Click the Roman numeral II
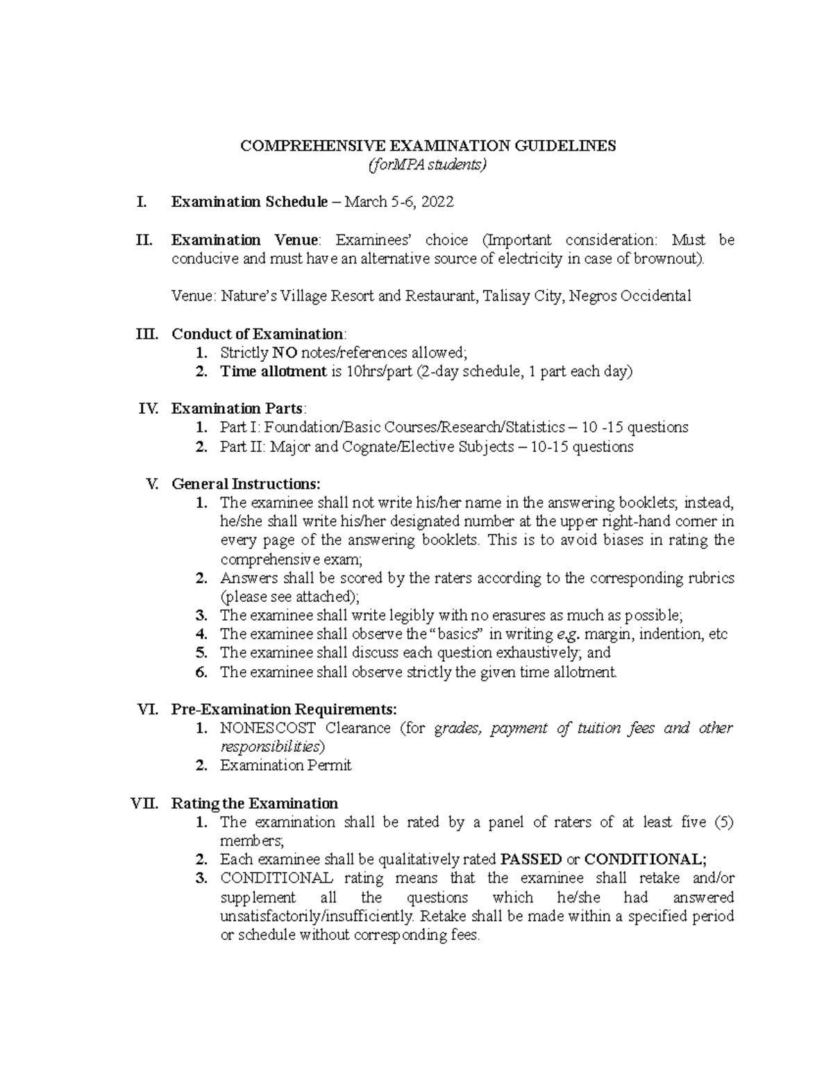coord(144,240)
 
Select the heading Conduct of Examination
coord(257,334)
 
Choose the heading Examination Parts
coord(237,408)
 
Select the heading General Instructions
coord(246,484)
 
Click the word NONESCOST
coord(267,728)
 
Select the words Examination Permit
coord(285,766)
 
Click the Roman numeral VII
coord(144,804)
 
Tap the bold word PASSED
coord(531,859)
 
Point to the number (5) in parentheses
coord(723,823)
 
